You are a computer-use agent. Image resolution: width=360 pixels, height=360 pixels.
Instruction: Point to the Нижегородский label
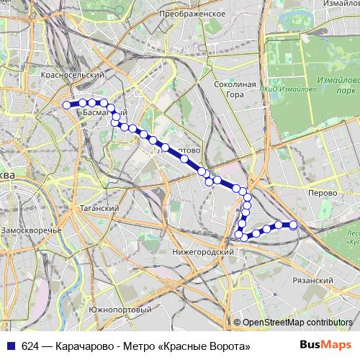click(x=204, y=252)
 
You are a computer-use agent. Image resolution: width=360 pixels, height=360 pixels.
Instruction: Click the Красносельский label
click(x=69, y=75)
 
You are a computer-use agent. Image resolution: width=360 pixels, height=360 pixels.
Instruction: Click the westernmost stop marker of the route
click(x=67, y=104)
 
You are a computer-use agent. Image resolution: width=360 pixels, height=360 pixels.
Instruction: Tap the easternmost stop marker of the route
click(x=294, y=225)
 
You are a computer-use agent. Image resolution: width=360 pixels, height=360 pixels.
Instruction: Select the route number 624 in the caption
click(x=30, y=346)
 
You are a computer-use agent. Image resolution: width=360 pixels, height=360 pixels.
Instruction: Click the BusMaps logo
click(x=321, y=346)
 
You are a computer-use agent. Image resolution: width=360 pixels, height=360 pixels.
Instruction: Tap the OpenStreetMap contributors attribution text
click(x=297, y=323)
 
